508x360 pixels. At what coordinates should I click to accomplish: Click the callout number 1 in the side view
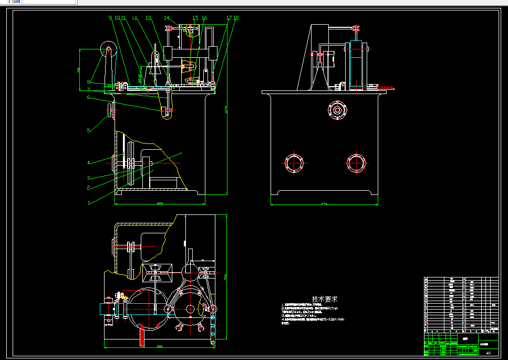click(89, 201)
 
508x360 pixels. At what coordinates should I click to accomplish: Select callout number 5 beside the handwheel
click(89, 131)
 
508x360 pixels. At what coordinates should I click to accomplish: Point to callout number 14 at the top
click(167, 18)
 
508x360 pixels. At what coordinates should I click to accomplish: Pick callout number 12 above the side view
click(134, 18)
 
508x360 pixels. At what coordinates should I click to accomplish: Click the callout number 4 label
click(89, 162)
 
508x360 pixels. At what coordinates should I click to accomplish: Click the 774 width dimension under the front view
click(324, 204)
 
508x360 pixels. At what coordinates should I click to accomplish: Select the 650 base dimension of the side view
click(160, 203)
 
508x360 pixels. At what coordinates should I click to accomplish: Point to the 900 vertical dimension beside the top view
click(225, 276)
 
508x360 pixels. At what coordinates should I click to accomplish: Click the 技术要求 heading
click(325, 299)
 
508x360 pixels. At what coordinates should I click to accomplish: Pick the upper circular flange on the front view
click(337, 111)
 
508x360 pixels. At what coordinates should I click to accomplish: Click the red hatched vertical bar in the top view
click(141, 335)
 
